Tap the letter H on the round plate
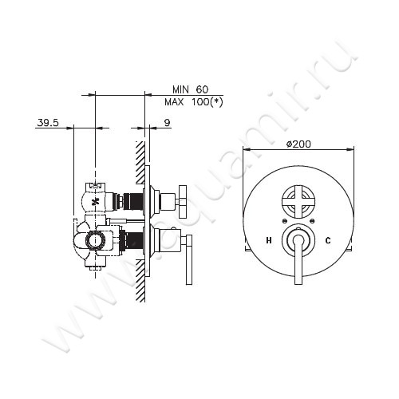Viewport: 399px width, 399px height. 269,239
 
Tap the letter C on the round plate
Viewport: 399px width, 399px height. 327,239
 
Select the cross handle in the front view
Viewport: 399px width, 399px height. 298,201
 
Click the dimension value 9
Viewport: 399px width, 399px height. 165,122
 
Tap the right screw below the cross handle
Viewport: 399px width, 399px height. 312,220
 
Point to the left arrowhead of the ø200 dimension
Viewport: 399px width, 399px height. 245,149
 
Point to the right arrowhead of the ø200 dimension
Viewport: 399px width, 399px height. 351,149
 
